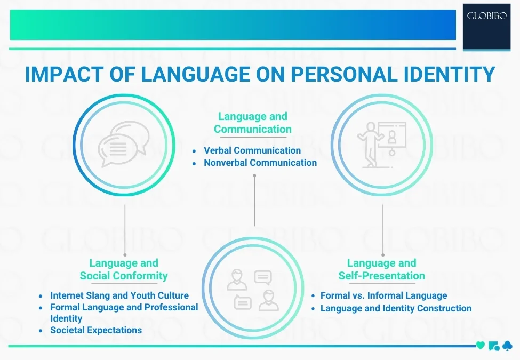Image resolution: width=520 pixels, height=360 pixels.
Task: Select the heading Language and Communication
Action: pyautogui.click(x=253, y=123)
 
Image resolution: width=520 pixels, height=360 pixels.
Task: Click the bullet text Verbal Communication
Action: pyautogui.click(x=252, y=150)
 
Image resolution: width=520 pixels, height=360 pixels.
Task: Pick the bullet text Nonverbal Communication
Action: pyautogui.click(x=260, y=163)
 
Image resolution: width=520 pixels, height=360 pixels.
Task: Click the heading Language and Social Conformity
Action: pyautogui.click(x=124, y=269)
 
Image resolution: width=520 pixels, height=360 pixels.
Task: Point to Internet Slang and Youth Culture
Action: pyautogui.click(x=119, y=295)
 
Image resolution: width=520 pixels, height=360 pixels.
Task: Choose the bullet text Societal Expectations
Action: pyautogui.click(x=96, y=330)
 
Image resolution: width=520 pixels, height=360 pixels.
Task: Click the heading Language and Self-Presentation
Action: pyautogui.click(x=382, y=269)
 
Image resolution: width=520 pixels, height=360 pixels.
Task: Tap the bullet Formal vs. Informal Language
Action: pyautogui.click(x=383, y=295)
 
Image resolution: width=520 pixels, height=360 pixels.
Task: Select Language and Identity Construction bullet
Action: pyautogui.click(x=396, y=308)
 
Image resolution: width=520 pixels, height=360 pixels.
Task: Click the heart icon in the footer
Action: pyautogui.click(x=480, y=346)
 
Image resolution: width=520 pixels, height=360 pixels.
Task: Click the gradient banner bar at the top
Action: pyautogui.click(x=233, y=25)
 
